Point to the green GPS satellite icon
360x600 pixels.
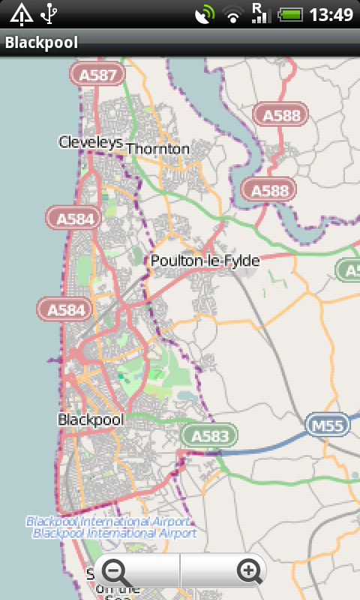coord(205,13)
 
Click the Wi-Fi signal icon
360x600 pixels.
coord(234,13)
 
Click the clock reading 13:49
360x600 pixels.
coord(331,13)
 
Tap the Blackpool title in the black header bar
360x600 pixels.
coord(41,43)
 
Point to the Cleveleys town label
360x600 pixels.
coord(90,142)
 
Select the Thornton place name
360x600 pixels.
coord(158,148)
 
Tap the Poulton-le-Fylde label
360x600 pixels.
coord(205,261)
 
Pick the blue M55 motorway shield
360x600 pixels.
coord(328,426)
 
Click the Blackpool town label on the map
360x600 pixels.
coord(90,420)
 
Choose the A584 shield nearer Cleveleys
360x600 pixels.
coord(73,218)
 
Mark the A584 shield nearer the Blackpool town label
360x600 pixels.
coord(65,308)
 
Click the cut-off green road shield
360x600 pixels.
coord(349,270)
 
